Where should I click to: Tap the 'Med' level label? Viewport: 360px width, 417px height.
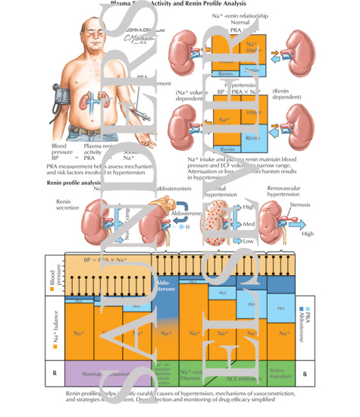247,224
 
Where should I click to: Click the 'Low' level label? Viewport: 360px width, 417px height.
246,240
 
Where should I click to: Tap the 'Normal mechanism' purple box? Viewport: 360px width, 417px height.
98,375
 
